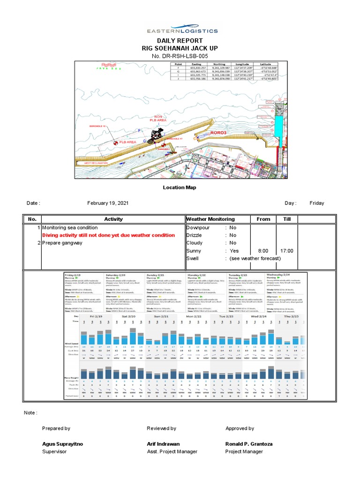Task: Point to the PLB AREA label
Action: tap(127, 142)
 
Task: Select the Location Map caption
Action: tap(180, 187)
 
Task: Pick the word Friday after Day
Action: tap(317, 203)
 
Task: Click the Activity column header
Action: tap(113, 219)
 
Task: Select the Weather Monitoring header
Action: tap(210, 219)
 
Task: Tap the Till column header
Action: tap(287, 219)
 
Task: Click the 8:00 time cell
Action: tap(263, 251)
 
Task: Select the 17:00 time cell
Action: tap(287, 251)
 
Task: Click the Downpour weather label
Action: tap(199, 227)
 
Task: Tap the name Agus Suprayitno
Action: tap(62, 443)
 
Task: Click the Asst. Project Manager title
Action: tap(172, 451)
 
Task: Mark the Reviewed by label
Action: tap(161, 428)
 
